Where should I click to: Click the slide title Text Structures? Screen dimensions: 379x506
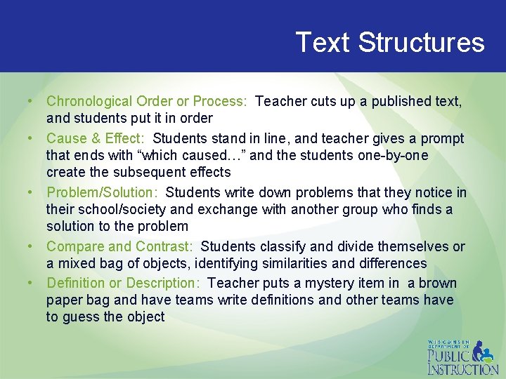coord(389,43)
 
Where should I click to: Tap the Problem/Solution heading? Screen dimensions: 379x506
coord(103,192)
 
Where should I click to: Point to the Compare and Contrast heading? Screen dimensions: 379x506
coord(119,247)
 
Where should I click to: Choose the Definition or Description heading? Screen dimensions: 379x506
coord(124,284)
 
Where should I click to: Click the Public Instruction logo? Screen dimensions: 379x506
coord(462,357)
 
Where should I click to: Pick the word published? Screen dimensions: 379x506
coord(394,102)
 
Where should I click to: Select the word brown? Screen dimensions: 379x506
coord(438,284)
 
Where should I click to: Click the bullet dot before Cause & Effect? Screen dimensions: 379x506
coord(32,138)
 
